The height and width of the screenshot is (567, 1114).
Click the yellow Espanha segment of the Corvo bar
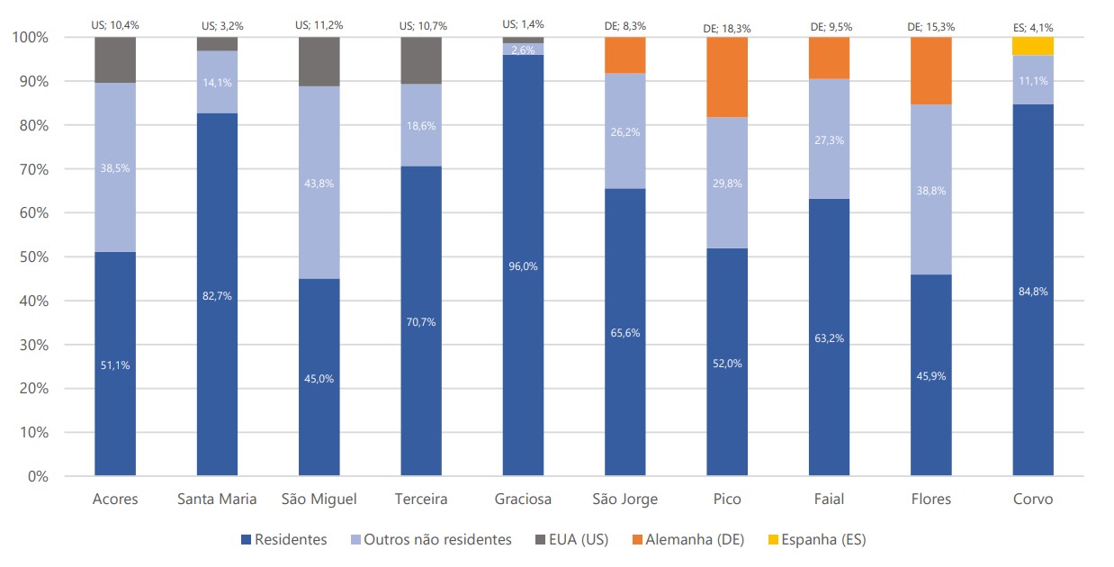tap(1033, 46)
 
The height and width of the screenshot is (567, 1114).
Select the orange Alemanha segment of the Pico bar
tap(727, 77)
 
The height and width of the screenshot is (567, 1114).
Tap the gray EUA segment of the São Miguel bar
tap(319, 61)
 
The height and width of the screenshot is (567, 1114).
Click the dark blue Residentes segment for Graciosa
tap(523, 360)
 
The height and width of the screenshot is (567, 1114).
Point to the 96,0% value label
tap(523, 266)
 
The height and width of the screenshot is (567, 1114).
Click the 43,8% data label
tap(319, 184)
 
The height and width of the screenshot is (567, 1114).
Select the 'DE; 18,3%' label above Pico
tap(727, 29)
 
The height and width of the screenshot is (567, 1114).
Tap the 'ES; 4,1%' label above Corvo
tap(1033, 28)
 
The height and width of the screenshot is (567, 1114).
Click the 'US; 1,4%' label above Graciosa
tap(523, 24)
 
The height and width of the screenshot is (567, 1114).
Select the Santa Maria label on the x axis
tap(217, 499)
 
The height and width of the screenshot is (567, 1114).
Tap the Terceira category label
tap(421, 499)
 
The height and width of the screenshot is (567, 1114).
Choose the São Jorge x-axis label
tap(624, 499)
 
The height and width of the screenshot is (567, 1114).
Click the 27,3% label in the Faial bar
tap(829, 141)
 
